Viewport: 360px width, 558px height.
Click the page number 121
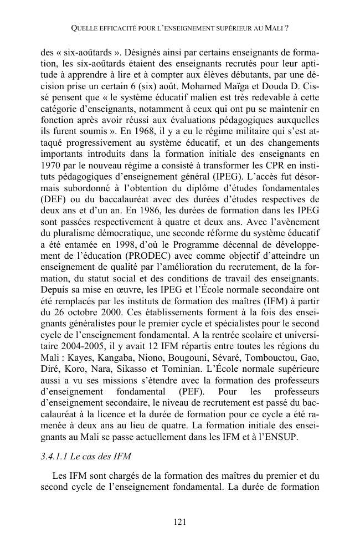click(179, 521)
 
